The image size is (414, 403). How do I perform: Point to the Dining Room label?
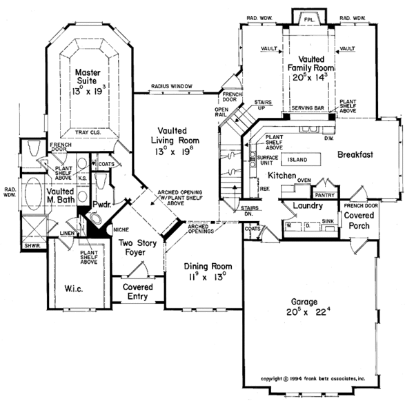point(208,270)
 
